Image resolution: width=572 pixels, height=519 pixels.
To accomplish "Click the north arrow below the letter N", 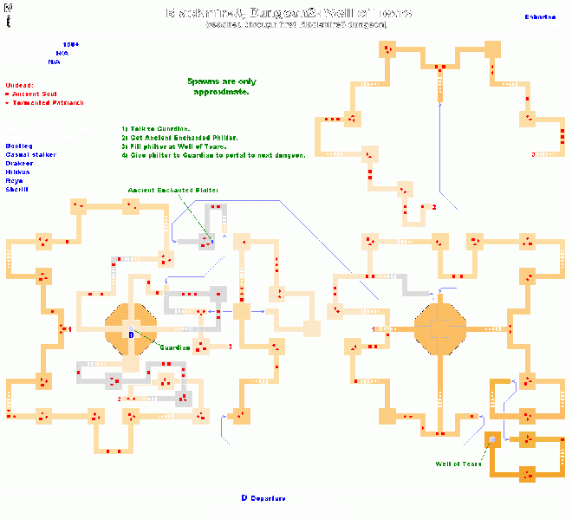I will (9, 16).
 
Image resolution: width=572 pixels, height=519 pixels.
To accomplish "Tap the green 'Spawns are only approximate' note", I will (218, 86).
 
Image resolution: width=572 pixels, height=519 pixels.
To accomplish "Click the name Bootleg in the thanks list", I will (18, 146).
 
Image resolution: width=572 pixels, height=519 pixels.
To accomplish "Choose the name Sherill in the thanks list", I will (17, 188).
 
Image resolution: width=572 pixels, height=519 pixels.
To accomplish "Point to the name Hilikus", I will (17, 172).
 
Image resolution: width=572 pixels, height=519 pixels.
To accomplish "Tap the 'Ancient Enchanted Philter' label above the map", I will (172, 190).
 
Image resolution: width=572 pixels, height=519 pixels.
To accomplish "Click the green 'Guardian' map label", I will (174, 347).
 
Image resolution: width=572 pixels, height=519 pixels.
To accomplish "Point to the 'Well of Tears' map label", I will (458, 464).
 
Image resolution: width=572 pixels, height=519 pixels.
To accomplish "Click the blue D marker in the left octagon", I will (131, 333).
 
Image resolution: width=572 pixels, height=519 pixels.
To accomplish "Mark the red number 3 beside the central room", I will (230, 347).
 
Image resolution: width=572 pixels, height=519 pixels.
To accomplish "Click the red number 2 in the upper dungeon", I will (433, 207).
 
